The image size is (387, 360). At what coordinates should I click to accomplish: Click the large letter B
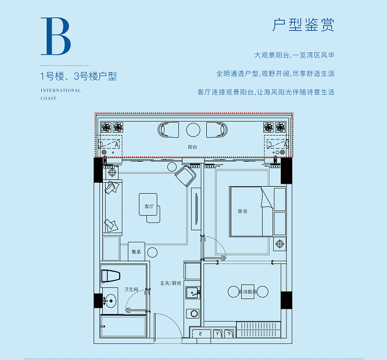click(56, 36)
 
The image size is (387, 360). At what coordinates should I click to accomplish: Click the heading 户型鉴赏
click(303, 26)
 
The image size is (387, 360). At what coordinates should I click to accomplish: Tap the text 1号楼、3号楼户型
click(78, 76)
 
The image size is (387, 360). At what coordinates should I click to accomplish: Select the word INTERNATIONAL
click(61, 90)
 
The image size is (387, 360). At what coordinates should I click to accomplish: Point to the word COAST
click(48, 98)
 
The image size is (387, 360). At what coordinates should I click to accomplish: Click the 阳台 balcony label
click(192, 147)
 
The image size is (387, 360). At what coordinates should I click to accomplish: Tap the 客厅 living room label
click(149, 206)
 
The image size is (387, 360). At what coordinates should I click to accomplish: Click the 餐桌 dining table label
click(136, 252)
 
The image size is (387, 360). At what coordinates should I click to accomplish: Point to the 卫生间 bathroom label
click(131, 290)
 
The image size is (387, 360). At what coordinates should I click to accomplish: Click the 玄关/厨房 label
click(171, 283)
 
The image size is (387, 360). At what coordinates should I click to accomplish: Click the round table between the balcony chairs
click(193, 129)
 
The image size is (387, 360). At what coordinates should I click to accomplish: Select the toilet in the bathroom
click(110, 275)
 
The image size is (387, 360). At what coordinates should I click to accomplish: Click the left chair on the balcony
click(169, 130)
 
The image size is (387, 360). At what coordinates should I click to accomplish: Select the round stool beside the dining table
click(152, 252)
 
